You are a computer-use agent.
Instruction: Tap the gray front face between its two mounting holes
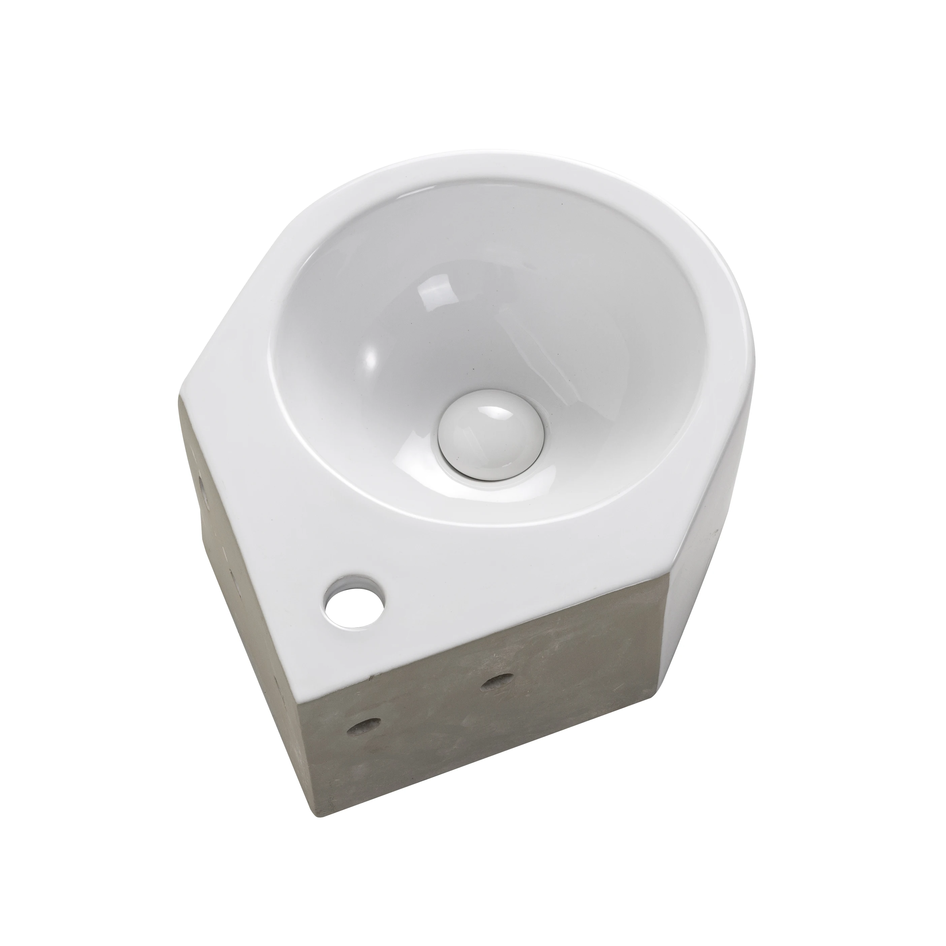point(431,710)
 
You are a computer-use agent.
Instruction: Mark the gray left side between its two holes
point(223,529)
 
